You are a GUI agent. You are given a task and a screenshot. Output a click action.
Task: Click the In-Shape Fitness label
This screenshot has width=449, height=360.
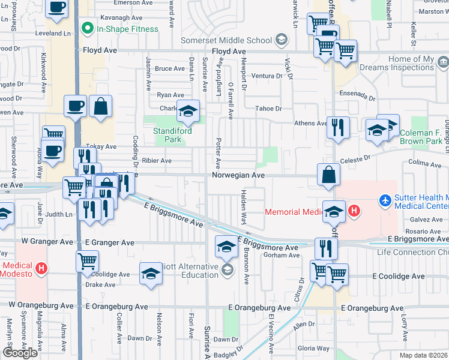click(127, 29)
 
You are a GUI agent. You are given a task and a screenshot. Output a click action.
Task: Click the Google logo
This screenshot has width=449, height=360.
click(20, 353)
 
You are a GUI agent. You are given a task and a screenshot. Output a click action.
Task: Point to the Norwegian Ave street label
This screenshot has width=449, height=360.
click(238, 175)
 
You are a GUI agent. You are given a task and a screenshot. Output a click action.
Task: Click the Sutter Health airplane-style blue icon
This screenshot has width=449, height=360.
click(384, 198)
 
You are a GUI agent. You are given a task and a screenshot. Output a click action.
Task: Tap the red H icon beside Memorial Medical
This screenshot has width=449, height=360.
click(354, 211)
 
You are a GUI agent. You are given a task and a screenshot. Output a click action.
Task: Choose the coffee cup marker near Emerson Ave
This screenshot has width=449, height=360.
click(58, 8)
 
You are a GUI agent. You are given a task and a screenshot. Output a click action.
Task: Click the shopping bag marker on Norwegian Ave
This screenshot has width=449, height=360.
click(329, 175)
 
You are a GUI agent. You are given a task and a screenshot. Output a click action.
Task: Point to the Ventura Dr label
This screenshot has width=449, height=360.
click(267, 76)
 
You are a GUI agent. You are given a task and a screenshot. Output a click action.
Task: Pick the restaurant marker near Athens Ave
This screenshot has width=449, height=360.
click(337, 128)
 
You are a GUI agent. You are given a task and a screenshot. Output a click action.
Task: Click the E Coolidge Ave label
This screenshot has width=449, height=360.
click(398, 277)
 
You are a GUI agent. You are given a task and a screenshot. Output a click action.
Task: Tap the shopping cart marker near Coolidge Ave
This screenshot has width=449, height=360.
click(88, 261)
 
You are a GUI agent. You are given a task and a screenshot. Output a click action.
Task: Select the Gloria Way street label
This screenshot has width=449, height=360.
click(313, 348)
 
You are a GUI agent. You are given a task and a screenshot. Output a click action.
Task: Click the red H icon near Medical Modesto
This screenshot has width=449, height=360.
click(41, 268)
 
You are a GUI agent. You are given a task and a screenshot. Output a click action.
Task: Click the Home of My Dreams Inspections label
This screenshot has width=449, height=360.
click(411, 63)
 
